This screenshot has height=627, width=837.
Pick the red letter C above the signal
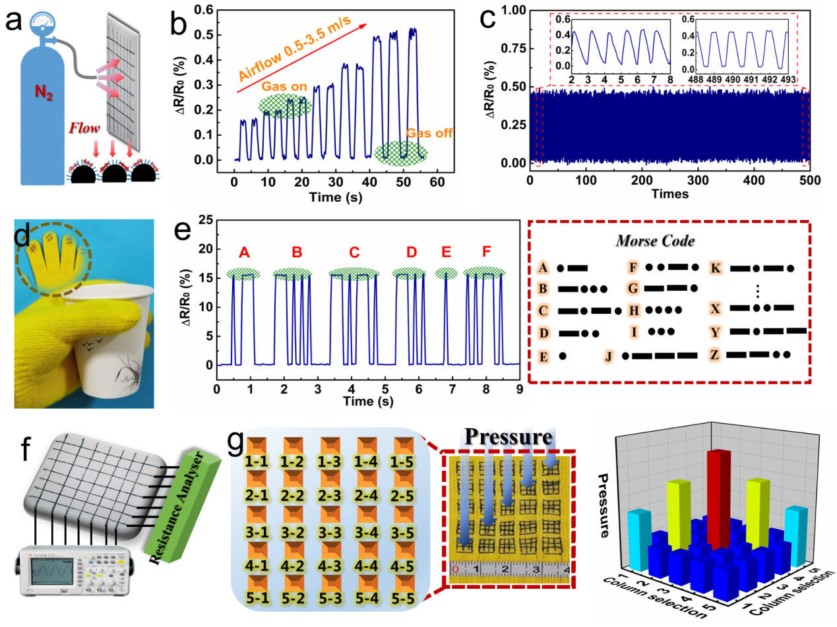tap(355, 252)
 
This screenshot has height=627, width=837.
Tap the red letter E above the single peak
tap(447, 252)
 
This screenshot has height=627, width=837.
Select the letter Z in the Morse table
tap(713, 355)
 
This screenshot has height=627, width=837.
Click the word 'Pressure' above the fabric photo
tap(507, 438)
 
